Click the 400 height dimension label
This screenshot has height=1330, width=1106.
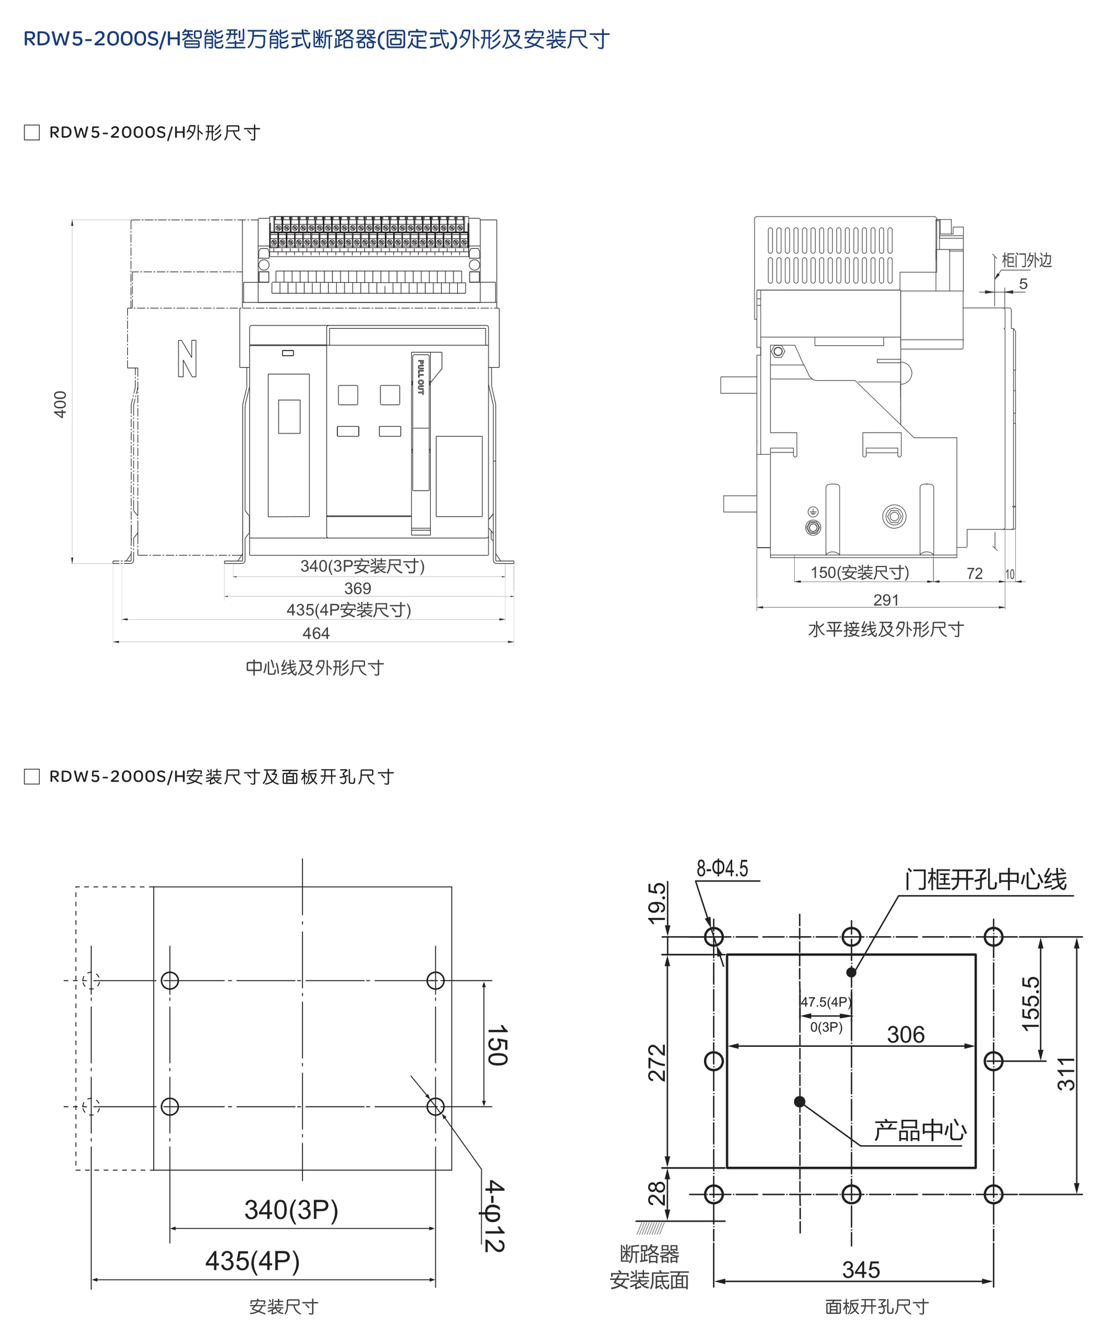(60, 404)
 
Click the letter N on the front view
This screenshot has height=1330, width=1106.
(187, 359)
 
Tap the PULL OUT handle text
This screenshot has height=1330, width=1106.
(420, 377)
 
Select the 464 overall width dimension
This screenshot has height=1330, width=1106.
(316, 633)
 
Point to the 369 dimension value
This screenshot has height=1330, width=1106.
(358, 588)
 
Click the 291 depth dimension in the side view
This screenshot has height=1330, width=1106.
(886, 600)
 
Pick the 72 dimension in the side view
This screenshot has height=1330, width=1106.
(974, 573)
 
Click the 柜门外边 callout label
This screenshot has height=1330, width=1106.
(1026, 260)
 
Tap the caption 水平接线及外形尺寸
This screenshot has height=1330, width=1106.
(886, 630)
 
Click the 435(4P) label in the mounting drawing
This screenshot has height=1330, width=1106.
(252, 1261)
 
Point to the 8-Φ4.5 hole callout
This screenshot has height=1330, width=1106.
(722, 868)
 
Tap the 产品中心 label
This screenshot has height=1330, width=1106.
(920, 1130)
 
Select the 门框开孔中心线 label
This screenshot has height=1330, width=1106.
(985, 880)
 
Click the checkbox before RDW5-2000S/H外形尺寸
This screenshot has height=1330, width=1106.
(32, 132)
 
